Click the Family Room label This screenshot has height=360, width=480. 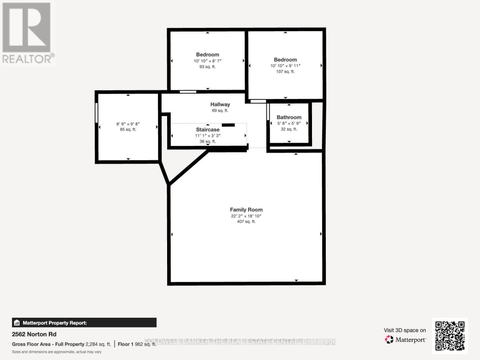tap(246, 209)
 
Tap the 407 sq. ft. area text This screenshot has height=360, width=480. tap(246, 221)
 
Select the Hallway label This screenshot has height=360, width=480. tap(220, 104)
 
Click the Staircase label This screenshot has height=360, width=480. tap(208, 130)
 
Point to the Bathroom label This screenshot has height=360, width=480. tap(289, 117)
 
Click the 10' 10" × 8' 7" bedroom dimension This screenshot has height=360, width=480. tap(208, 61)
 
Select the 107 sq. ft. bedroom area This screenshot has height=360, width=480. tap(285, 72)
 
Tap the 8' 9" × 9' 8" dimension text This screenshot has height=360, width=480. tap(128, 124)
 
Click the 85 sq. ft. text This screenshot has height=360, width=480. tap(128, 130)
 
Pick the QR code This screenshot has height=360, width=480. tap(450, 336)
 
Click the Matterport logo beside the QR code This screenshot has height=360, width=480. tap(405, 340)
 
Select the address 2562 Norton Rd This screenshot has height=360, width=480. tap(34, 334)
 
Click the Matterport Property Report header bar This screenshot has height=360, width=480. tap(84, 323)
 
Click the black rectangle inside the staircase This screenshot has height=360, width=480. tap(228, 125)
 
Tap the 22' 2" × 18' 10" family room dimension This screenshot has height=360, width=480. tap(246, 216)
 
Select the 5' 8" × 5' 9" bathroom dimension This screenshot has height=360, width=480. tap(289, 123)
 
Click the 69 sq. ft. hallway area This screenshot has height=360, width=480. tap(220, 111)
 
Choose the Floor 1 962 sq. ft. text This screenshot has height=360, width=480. tap(137, 344)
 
